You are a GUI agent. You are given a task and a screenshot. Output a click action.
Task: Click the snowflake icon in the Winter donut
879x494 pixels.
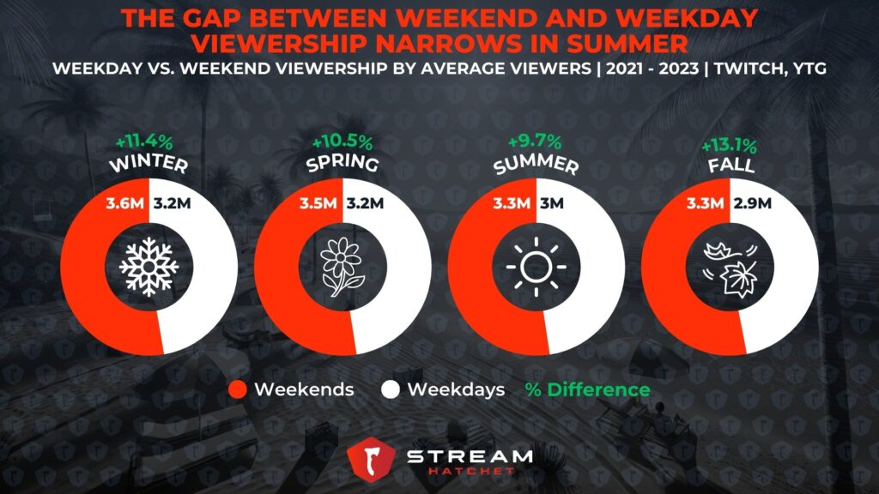[149, 267]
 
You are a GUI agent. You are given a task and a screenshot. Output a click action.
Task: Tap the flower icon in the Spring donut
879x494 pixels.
[342, 267]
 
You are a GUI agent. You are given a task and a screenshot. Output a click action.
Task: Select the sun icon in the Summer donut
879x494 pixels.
[536, 267]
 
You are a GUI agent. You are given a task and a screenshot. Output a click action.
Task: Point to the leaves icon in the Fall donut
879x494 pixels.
[730, 268]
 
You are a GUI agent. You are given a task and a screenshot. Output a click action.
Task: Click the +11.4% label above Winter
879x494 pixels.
[144, 142]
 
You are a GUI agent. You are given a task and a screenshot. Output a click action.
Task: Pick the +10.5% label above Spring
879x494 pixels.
[342, 142]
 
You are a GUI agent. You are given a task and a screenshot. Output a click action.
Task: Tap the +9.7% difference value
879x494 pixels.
[535, 141]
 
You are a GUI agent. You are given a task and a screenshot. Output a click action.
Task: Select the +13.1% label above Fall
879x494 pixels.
[730, 146]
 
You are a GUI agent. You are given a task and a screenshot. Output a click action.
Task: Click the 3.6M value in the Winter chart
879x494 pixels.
[124, 202]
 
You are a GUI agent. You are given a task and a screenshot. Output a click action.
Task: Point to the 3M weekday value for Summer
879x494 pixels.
[552, 202]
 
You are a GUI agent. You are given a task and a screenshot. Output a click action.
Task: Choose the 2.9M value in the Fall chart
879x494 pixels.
[752, 202]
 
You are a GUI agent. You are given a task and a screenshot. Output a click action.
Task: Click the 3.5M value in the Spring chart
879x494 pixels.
[318, 202]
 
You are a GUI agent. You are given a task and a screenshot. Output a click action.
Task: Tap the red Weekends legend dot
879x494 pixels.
[238, 390]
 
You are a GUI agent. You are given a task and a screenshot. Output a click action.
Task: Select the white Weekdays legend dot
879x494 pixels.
[391, 390]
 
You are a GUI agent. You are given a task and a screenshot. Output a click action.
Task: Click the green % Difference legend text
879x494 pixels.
[587, 390]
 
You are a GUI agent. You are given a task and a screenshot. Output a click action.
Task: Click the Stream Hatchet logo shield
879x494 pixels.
[371, 460]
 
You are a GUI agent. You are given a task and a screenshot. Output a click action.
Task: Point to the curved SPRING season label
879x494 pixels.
[342, 163]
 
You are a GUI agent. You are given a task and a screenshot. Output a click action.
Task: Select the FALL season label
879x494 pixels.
[730, 166]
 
